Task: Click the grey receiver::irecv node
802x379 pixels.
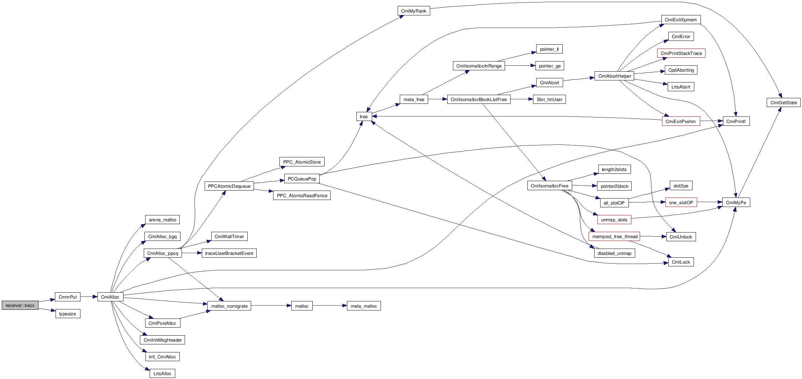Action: pyautogui.click(x=20, y=305)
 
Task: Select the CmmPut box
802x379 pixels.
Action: pyautogui.click(x=68, y=297)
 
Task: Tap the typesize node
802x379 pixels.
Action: pyautogui.click(x=68, y=314)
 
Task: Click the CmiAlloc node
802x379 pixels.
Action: pyautogui.click(x=110, y=297)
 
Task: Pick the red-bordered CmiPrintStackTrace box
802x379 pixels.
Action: pyautogui.click(x=681, y=53)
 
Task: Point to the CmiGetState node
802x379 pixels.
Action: pyautogui.click(x=783, y=102)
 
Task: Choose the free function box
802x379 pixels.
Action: pyautogui.click(x=364, y=116)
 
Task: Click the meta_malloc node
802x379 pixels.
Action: pyautogui.click(x=364, y=306)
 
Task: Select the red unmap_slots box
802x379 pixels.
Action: pyautogui.click(x=614, y=220)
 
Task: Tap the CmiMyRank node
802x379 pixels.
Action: pyautogui.click(x=413, y=11)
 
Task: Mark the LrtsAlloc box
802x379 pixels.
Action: pyautogui.click(x=162, y=373)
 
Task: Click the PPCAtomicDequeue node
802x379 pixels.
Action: pyautogui.click(x=229, y=186)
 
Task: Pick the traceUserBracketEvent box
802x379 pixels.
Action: pyautogui.click(x=229, y=253)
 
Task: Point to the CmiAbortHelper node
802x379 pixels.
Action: pyautogui.click(x=615, y=76)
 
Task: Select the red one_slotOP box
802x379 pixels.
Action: pyautogui.click(x=681, y=202)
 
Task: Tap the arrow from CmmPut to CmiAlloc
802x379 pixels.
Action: pyautogui.click(x=89, y=297)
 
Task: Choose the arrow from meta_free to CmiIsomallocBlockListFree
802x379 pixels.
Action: pyautogui.click(x=438, y=99)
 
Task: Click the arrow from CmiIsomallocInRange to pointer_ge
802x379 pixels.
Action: pyautogui.click(x=520, y=66)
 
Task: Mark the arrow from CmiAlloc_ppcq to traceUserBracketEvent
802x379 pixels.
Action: pyautogui.click(x=192, y=253)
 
